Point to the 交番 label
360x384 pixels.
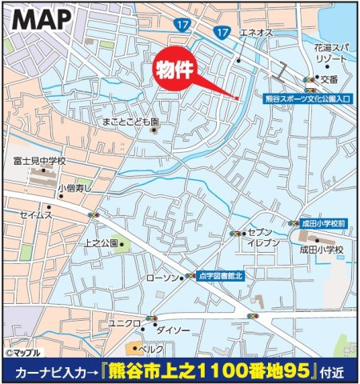pos(330,79)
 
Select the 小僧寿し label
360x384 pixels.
pos(75,188)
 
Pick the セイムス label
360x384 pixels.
pos(36,214)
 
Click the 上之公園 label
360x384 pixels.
pos(100,242)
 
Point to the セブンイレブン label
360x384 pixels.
pos(262,236)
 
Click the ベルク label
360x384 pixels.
pos(151,349)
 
